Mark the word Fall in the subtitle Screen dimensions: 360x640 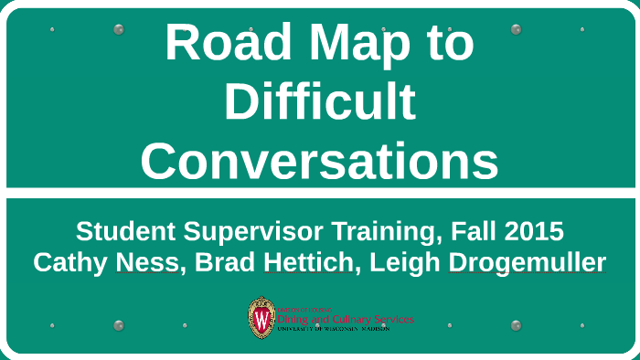462,230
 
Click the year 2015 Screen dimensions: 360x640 529,230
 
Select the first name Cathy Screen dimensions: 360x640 68,262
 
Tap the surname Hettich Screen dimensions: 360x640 298,262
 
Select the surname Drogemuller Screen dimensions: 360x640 528,262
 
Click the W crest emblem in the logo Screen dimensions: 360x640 261,318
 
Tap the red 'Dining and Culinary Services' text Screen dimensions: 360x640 345,319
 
